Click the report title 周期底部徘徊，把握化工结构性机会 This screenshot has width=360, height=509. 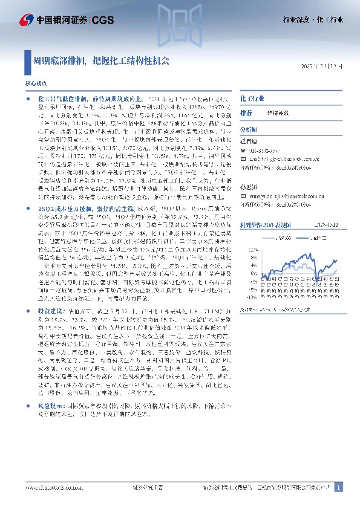point(102,61)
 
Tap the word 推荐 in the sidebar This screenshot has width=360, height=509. point(246,113)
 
